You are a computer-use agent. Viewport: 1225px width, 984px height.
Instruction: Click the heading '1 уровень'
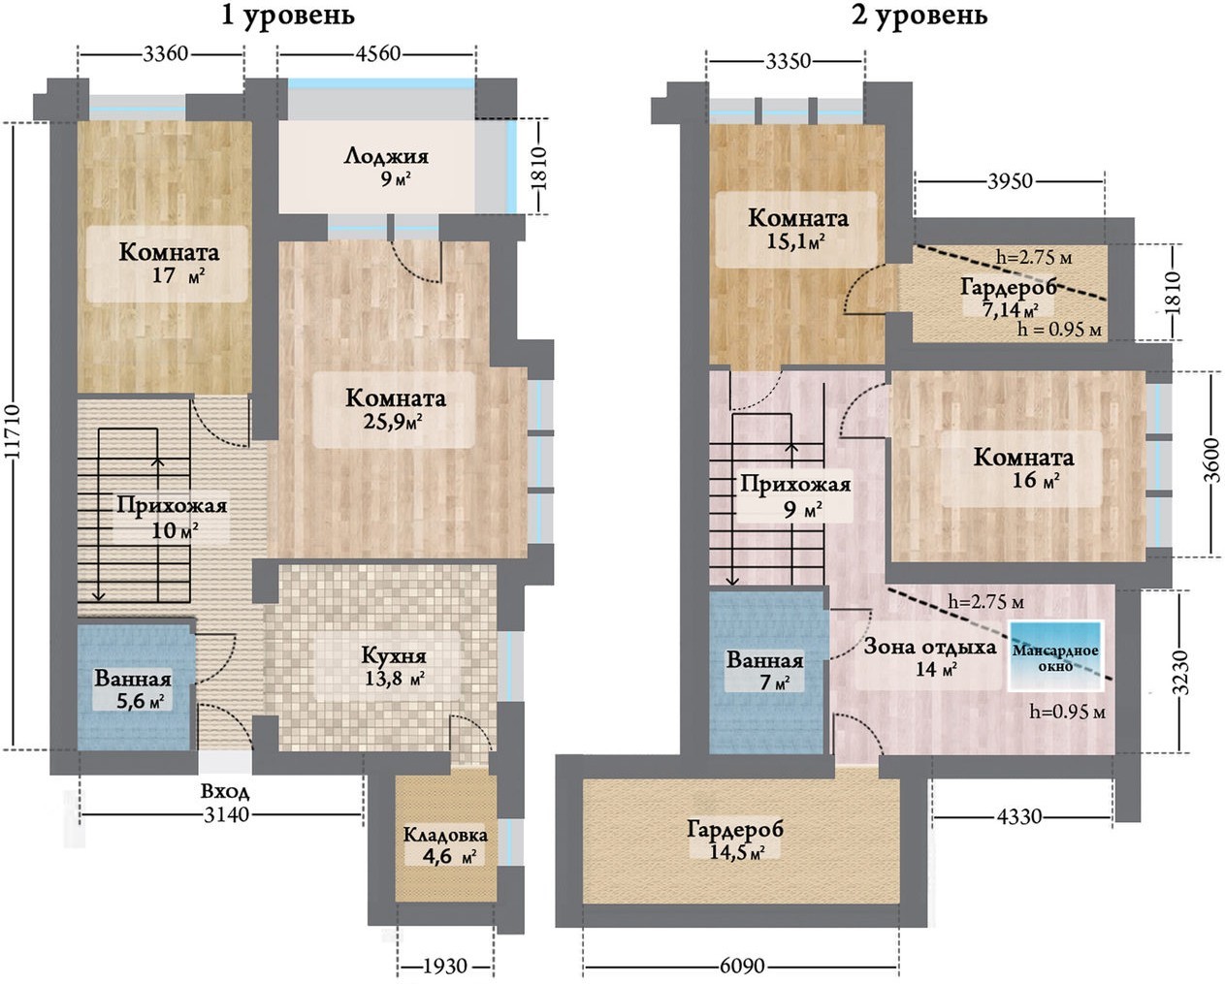(287, 16)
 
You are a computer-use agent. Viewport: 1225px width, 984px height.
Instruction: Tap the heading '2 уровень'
(919, 16)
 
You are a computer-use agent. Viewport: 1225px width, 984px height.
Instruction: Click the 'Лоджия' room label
(386, 156)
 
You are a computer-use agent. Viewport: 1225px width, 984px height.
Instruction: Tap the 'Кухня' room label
(394, 655)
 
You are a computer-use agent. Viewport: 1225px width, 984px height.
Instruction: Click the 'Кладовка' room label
(445, 835)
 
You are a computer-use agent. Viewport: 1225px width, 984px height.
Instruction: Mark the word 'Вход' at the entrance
(225, 792)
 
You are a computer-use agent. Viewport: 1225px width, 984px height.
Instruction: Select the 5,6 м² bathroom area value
(140, 701)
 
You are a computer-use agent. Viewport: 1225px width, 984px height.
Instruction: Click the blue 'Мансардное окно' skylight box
(1056, 655)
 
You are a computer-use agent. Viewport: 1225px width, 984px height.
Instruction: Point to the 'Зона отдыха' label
(930, 647)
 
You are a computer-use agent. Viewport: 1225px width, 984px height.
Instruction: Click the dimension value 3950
(1009, 181)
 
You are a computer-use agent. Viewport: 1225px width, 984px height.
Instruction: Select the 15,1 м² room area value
(795, 240)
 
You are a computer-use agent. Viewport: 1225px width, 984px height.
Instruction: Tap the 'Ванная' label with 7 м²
(765, 661)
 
